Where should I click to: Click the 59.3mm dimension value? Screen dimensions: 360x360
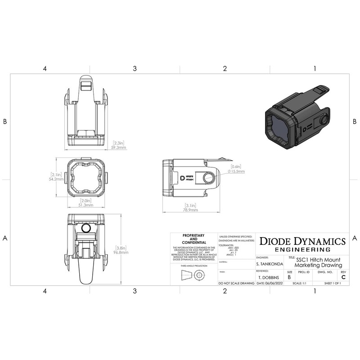[119, 147]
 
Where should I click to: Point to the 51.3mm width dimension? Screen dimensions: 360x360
[86, 205]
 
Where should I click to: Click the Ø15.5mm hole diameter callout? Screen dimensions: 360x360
[236, 171]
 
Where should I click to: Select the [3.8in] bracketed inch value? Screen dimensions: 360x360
[121, 247]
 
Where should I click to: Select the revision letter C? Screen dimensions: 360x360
[343, 277]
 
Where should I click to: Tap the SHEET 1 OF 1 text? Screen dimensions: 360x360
[333, 284]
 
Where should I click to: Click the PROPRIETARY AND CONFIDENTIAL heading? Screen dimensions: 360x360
[193, 239]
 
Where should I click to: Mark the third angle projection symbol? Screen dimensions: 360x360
[193, 276]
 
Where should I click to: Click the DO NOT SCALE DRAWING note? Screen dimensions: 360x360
[236, 284]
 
